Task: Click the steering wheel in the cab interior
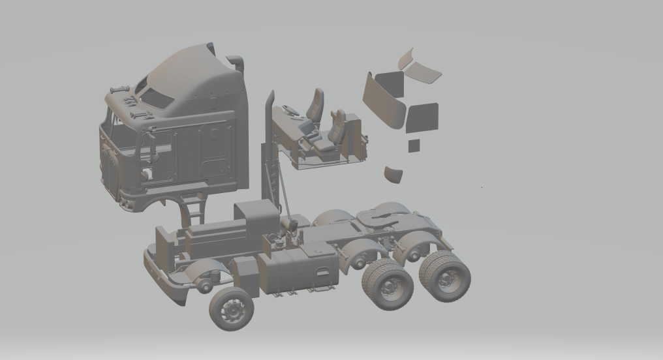(292, 110)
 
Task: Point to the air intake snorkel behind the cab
(236, 63)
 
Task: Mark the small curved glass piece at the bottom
(393, 173)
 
